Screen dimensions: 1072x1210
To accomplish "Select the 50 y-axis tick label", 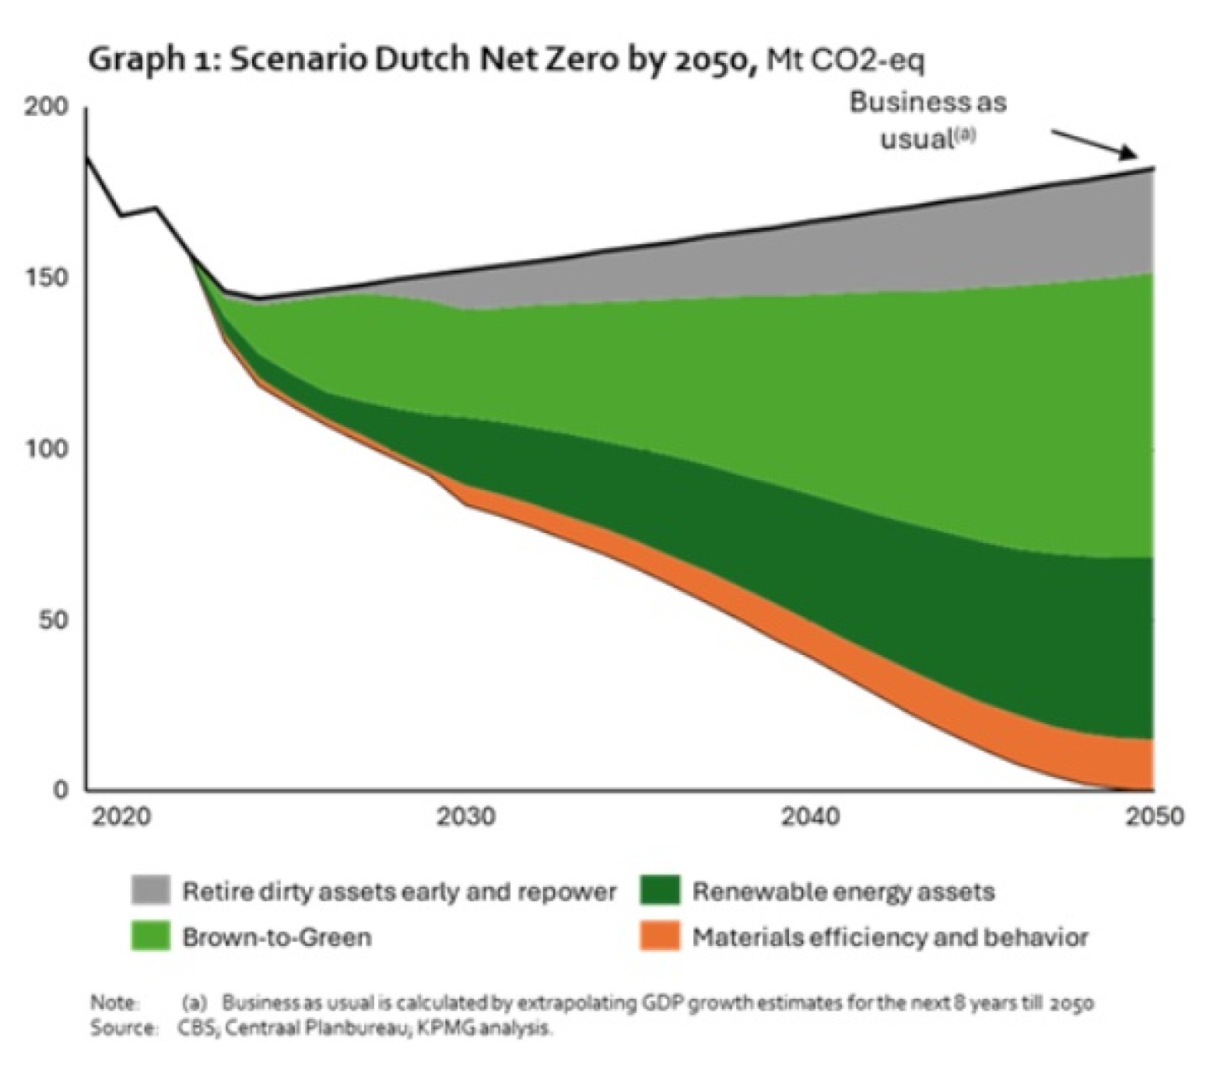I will coord(52,620).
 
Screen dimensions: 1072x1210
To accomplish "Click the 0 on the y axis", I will coord(60,789).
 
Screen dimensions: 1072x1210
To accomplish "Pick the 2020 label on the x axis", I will coord(121,816).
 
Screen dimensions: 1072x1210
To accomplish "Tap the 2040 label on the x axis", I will coord(810,816).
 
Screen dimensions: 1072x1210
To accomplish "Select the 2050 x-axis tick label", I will coord(1154,816).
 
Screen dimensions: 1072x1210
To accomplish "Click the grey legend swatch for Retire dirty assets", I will coord(150,890).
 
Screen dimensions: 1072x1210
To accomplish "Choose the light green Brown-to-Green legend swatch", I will coord(150,937).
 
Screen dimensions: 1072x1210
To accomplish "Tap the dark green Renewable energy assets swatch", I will coord(660,890).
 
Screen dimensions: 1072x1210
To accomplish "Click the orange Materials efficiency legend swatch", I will coord(660,937).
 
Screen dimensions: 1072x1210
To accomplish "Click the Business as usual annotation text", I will coord(928,119).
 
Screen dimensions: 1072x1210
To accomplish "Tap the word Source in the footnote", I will coord(123,1027).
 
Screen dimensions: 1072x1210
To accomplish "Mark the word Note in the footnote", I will coord(113,1003).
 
